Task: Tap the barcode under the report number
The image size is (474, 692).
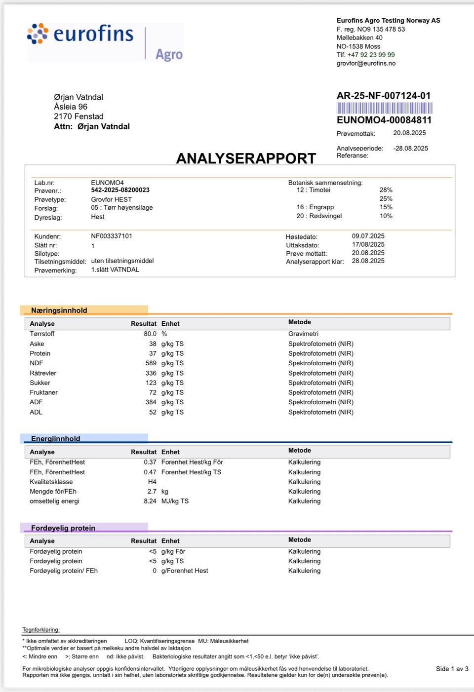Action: [x=384, y=108]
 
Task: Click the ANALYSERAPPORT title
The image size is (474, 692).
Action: [x=246, y=158]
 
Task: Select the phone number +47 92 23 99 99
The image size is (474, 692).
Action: [x=371, y=55]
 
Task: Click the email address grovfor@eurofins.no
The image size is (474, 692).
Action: [x=366, y=63]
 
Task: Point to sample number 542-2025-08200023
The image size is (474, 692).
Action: [x=120, y=190]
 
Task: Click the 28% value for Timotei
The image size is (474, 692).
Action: [x=386, y=190]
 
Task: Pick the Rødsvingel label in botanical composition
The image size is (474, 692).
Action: [x=325, y=216]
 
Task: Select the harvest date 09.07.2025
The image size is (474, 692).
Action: [x=368, y=236]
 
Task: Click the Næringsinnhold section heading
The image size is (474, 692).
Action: [x=59, y=310]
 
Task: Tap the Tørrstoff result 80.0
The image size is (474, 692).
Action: [x=150, y=334]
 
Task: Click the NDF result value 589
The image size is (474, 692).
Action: [x=151, y=363]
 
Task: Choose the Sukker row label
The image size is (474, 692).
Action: [x=40, y=383]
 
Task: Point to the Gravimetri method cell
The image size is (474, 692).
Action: [x=303, y=334]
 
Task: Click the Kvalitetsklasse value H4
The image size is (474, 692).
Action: [x=152, y=482]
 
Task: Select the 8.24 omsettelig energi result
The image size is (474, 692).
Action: [x=150, y=501]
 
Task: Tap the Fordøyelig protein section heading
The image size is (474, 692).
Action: [x=63, y=528]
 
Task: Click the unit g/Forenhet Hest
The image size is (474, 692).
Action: [x=185, y=571]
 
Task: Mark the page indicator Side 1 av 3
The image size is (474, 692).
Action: [x=452, y=669]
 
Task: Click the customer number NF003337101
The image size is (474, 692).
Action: [x=112, y=236]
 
